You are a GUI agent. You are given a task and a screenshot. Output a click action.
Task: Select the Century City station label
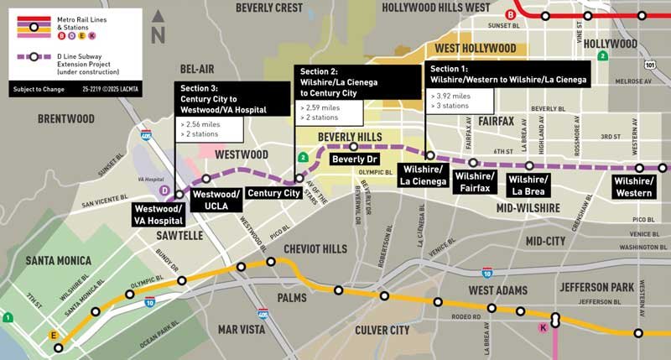(274, 194)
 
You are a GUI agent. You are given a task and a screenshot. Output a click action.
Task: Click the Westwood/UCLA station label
(216, 200)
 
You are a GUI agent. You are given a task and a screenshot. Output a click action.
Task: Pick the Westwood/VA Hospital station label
(160, 214)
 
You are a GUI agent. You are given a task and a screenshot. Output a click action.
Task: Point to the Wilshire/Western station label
(632, 186)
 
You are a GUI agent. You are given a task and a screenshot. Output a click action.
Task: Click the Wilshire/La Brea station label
(528, 186)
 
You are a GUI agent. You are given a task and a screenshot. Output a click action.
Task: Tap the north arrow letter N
(157, 37)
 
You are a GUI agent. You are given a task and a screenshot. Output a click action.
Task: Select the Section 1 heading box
(507, 73)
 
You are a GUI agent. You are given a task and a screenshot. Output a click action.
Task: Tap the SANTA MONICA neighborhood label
(58, 261)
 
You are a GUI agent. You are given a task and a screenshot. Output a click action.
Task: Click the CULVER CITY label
(382, 330)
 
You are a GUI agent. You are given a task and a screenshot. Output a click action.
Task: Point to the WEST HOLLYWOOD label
(475, 48)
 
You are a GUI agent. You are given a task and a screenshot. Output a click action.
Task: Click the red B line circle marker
(511, 14)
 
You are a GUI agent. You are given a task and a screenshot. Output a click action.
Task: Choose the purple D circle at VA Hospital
(166, 190)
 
